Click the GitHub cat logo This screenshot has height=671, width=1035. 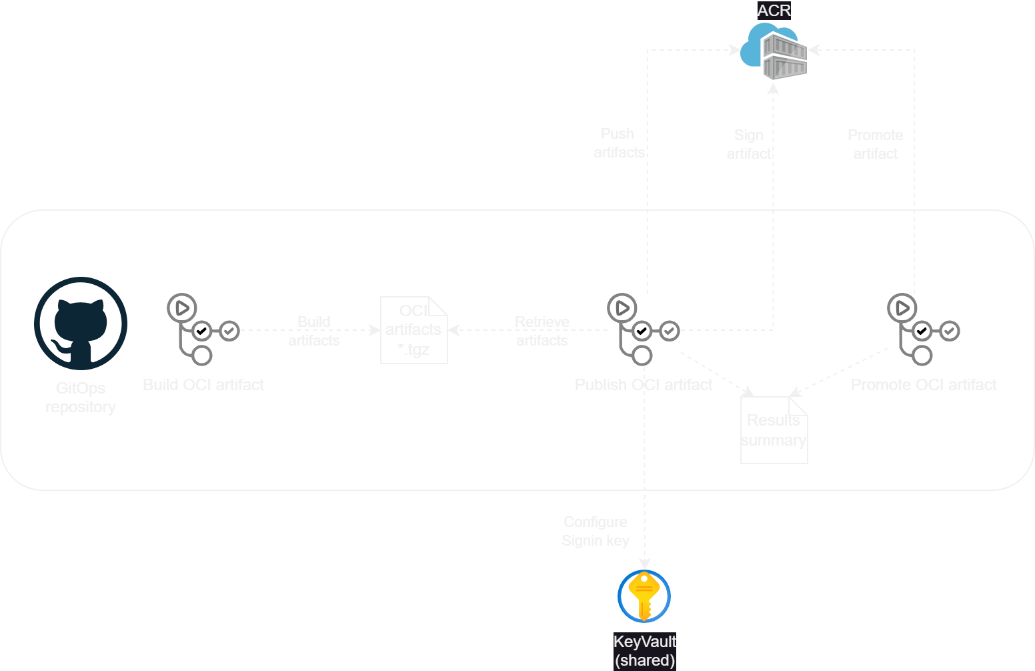coord(81,323)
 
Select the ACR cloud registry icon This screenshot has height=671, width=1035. coord(774,52)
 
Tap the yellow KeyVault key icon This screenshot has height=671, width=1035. coord(644,596)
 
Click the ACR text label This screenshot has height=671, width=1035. coord(774,11)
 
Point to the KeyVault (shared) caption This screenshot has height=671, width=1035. coord(644,651)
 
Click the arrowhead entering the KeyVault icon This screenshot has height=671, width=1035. coord(644,564)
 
